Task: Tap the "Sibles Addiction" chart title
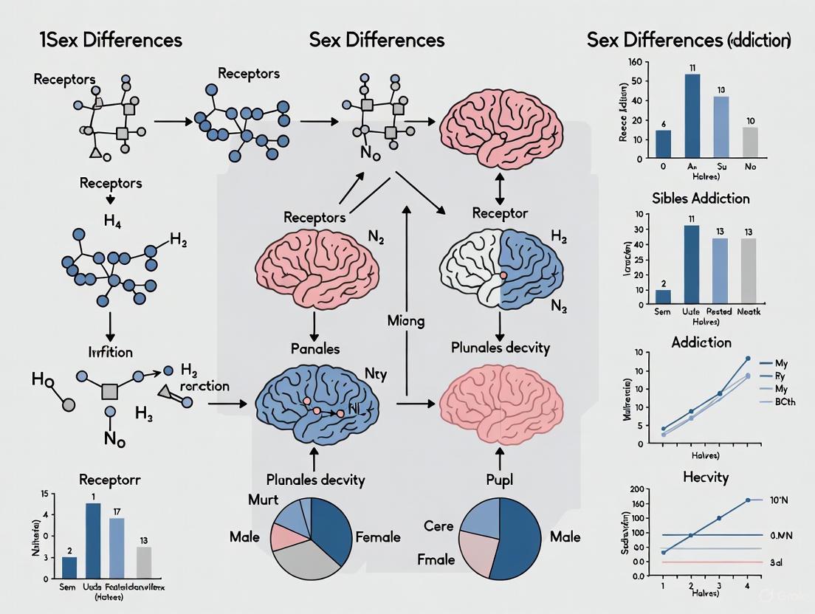click(701, 199)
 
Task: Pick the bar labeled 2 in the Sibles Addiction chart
click(664, 297)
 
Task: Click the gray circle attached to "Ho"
click(69, 404)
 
